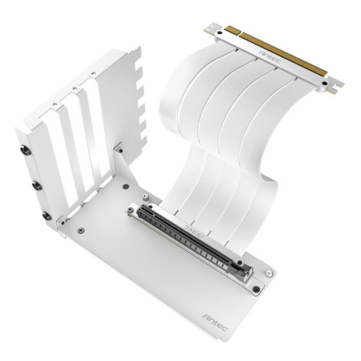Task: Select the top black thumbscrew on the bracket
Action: (23, 152)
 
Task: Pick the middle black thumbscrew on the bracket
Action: (34, 185)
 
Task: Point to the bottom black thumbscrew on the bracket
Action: (46, 216)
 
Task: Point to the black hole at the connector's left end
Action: (214, 30)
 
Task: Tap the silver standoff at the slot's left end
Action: (129, 212)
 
